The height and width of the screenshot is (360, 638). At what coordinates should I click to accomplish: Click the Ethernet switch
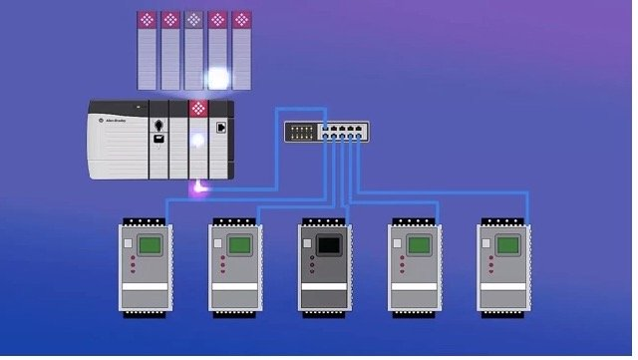(x=325, y=131)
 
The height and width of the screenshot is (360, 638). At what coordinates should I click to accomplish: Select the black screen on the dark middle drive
(x=328, y=243)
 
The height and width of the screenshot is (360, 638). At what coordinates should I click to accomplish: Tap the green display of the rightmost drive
(x=507, y=243)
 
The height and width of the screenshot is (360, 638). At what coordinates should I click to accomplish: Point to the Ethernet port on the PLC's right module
(x=221, y=129)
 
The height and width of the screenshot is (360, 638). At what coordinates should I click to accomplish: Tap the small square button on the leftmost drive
(x=128, y=242)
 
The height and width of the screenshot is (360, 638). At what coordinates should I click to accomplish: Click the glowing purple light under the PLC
(x=199, y=185)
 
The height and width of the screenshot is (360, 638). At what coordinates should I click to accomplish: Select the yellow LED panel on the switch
(x=296, y=131)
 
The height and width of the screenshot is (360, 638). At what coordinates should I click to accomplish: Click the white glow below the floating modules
(x=218, y=78)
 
